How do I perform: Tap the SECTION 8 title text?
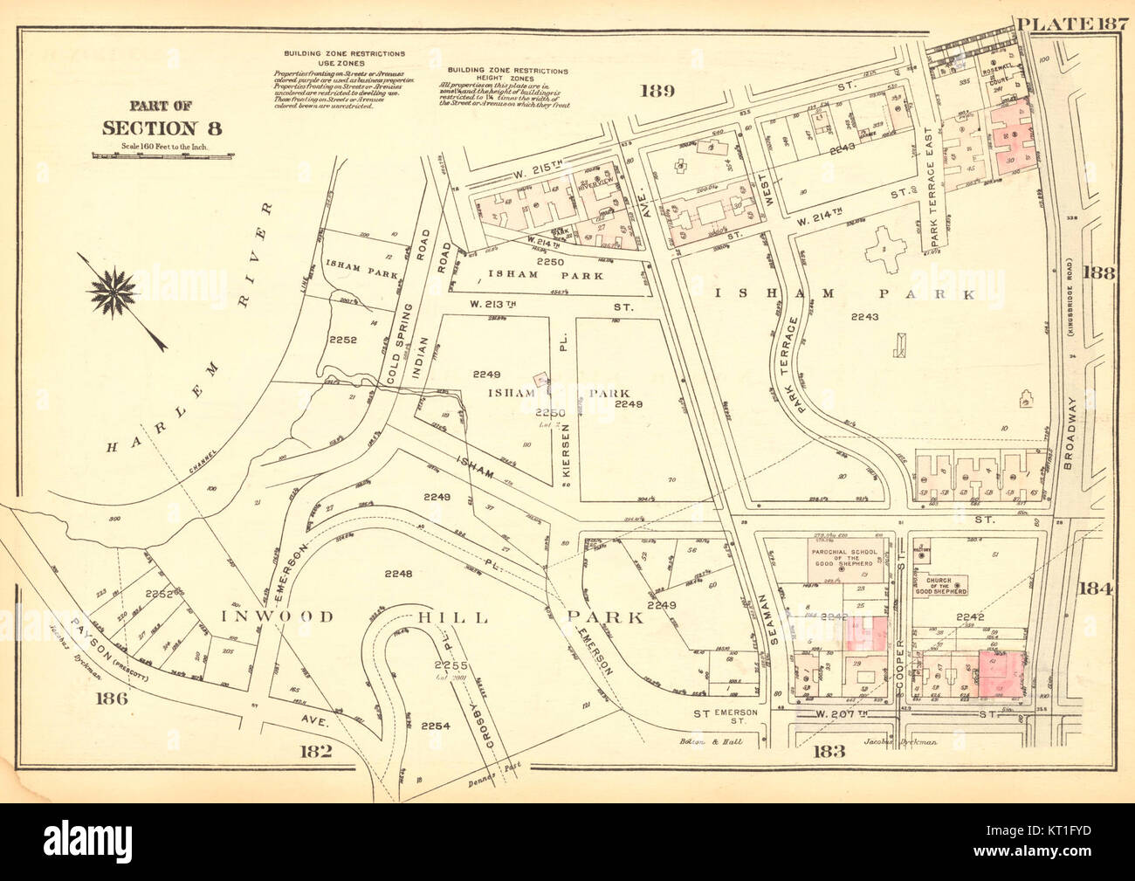pos(162,127)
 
